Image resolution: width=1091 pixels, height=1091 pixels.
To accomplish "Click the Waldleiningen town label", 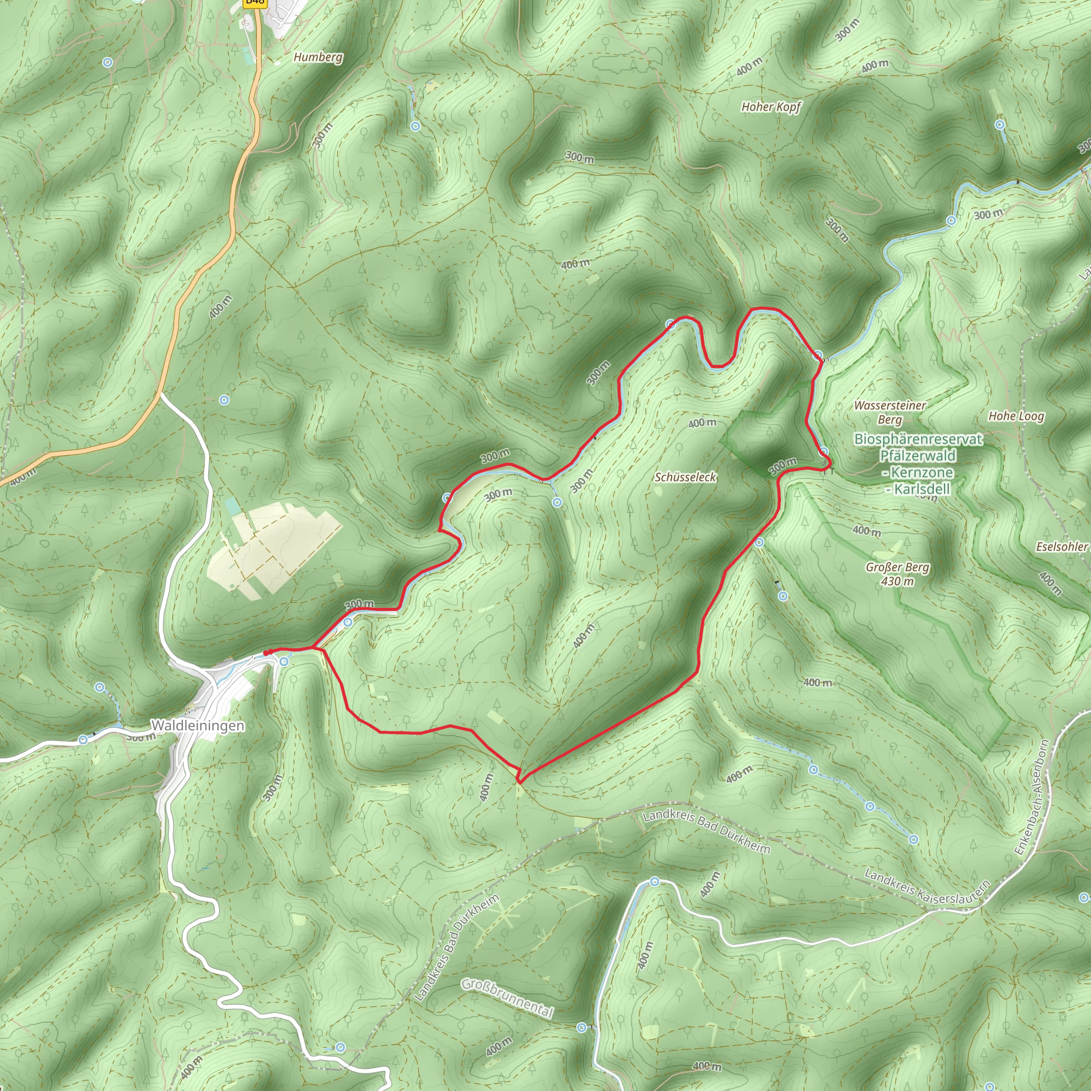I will point(198,726).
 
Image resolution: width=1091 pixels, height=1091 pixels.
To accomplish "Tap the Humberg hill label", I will point(318,57).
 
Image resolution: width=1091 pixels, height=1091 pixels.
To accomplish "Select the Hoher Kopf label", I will point(771,107).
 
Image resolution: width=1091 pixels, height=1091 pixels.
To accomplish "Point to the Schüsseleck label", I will point(685,477).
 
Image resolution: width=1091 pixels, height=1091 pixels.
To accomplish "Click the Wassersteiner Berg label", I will point(890,412).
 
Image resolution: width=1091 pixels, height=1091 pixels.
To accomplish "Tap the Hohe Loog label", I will point(1016,416).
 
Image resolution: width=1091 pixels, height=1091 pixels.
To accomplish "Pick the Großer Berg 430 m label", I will point(897,574).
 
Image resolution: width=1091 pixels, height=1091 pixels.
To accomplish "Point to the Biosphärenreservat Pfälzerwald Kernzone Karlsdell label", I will point(918,463).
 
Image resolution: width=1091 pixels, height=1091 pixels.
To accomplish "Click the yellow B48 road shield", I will point(255,2).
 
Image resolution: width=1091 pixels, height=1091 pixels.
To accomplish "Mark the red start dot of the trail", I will point(266,653).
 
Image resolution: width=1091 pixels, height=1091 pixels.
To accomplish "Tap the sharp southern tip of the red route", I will point(519,783).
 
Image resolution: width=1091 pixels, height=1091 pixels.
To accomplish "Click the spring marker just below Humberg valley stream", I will point(416,126).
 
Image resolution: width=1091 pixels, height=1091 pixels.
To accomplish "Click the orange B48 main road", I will point(203,271).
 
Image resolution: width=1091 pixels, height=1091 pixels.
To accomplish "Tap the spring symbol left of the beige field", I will point(224,401).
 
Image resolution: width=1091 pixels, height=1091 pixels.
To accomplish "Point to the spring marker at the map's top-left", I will point(107,62).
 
